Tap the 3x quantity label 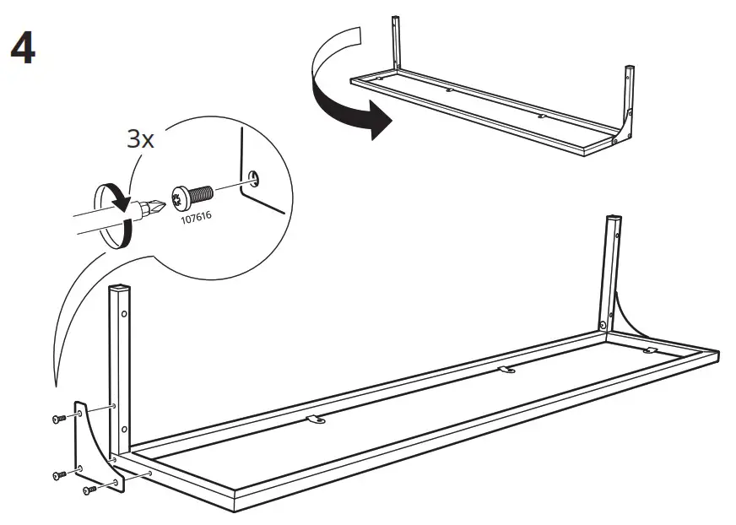click(140, 139)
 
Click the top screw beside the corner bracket click(57, 418)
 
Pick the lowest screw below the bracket click(88, 489)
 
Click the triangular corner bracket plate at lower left click(95, 444)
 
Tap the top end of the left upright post click(121, 290)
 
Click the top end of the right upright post click(613, 219)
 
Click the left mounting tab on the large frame click(316, 419)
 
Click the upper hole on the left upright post click(125, 314)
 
